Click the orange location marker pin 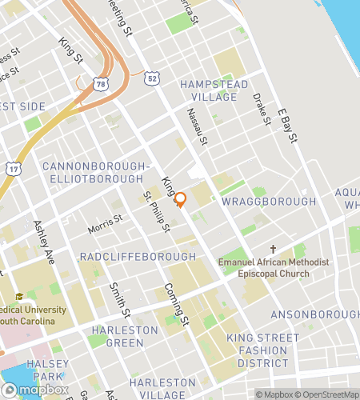click(x=181, y=200)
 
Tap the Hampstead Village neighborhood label click(x=208, y=90)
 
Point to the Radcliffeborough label click(x=137, y=256)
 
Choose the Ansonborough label click(x=314, y=314)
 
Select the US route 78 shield click(x=100, y=83)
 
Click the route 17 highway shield click(x=14, y=169)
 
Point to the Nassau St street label click(x=198, y=128)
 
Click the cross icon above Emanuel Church click(x=273, y=250)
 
